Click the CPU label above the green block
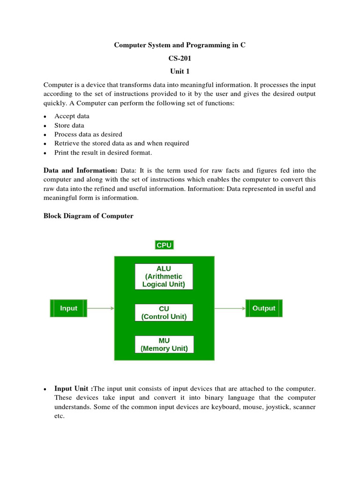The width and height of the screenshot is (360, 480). pos(164,245)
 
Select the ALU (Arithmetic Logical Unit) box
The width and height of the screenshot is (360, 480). pos(164,277)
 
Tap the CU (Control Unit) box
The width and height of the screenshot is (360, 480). pos(164,313)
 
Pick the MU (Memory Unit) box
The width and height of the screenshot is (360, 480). pos(164,345)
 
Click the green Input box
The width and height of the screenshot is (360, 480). pos(68,308)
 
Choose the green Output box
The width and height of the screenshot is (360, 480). pos(264,308)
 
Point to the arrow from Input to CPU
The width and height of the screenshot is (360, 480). pos(100,308)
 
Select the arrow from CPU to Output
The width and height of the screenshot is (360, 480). pos(230,308)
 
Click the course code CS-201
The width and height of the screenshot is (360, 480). pos(180,59)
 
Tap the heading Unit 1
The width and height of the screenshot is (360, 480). pos(180,72)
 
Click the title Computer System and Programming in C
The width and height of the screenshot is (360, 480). pos(180,45)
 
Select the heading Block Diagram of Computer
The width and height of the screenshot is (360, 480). pos(88,216)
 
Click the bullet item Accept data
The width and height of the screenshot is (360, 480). pos(72,116)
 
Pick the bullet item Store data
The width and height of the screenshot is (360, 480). pos(69,125)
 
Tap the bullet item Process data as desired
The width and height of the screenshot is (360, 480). pos(88,134)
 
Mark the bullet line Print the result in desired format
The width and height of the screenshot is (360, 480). pos(103,152)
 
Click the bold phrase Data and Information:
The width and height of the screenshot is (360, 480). pos(80,171)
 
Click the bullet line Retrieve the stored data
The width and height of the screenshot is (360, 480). pos(121,143)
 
